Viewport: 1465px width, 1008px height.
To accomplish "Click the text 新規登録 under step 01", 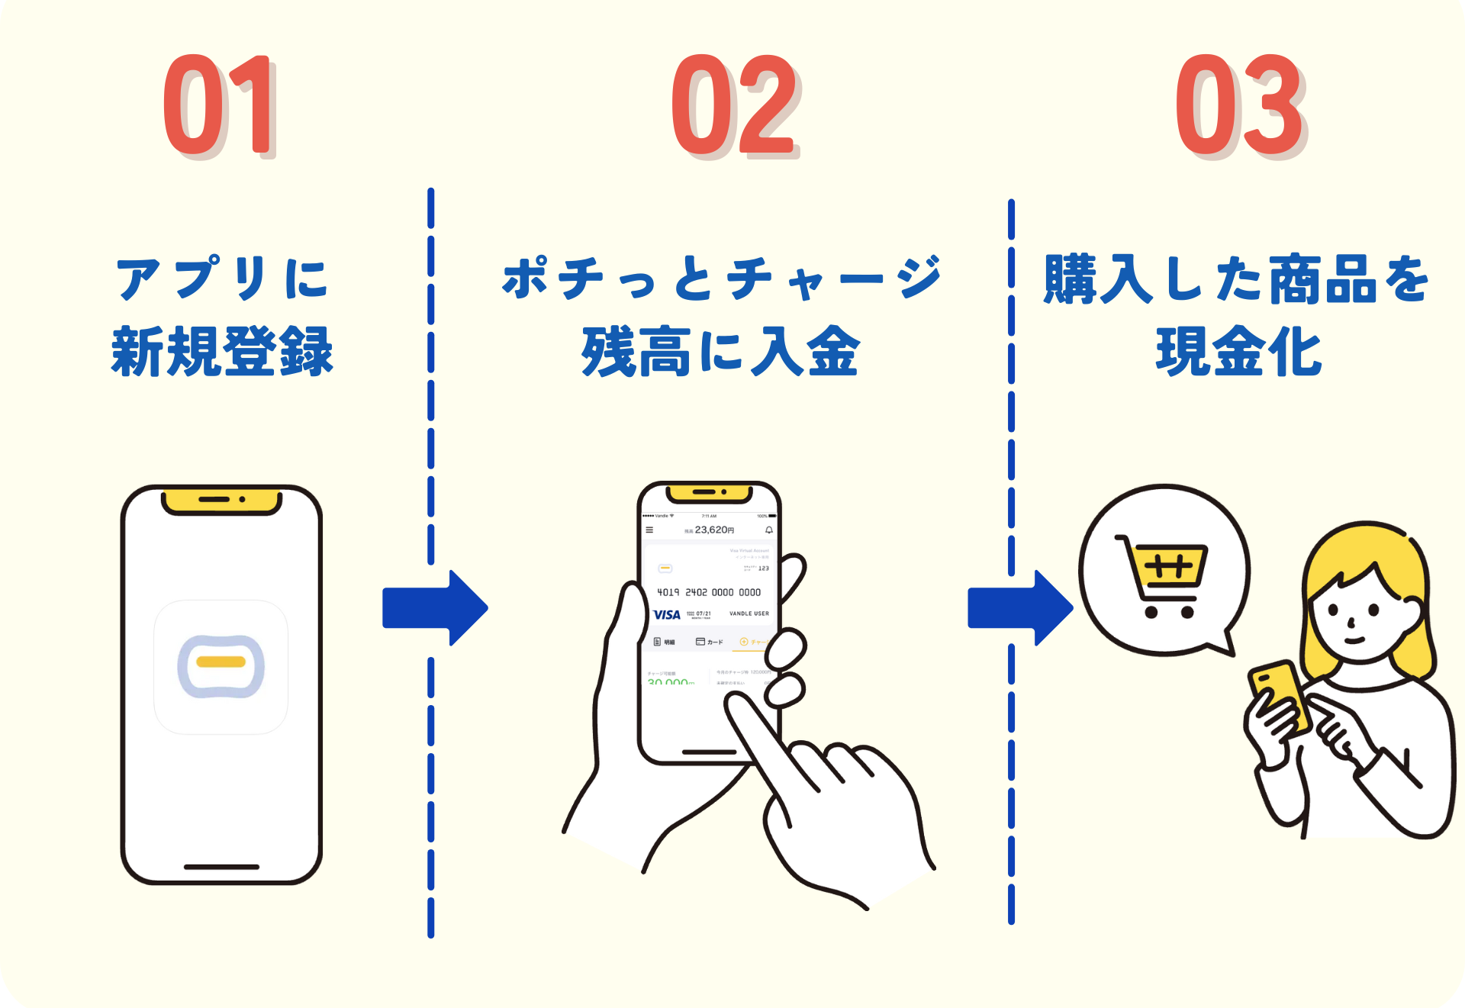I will click(222, 352).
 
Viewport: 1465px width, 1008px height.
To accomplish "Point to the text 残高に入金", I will click(720, 352).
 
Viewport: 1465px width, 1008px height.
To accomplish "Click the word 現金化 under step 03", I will click(1238, 352).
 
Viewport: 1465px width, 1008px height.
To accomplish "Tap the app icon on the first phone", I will click(221, 666).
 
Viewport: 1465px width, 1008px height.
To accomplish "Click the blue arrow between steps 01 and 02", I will click(435, 608).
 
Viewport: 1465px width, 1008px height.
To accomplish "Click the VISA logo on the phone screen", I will click(666, 615).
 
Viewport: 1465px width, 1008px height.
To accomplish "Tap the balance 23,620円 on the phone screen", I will click(713, 530).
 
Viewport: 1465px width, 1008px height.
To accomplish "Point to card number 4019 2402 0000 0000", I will click(709, 592).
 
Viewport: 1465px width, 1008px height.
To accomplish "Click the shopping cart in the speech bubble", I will click(1164, 576).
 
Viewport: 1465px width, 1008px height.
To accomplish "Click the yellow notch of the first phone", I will click(221, 501).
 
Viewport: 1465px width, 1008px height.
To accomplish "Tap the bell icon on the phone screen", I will click(769, 530).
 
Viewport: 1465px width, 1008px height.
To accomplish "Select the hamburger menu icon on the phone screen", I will click(649, 530).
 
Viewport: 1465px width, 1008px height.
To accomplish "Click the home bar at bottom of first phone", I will click(221, 867).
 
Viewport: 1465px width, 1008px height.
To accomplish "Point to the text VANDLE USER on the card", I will click(749, 613).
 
